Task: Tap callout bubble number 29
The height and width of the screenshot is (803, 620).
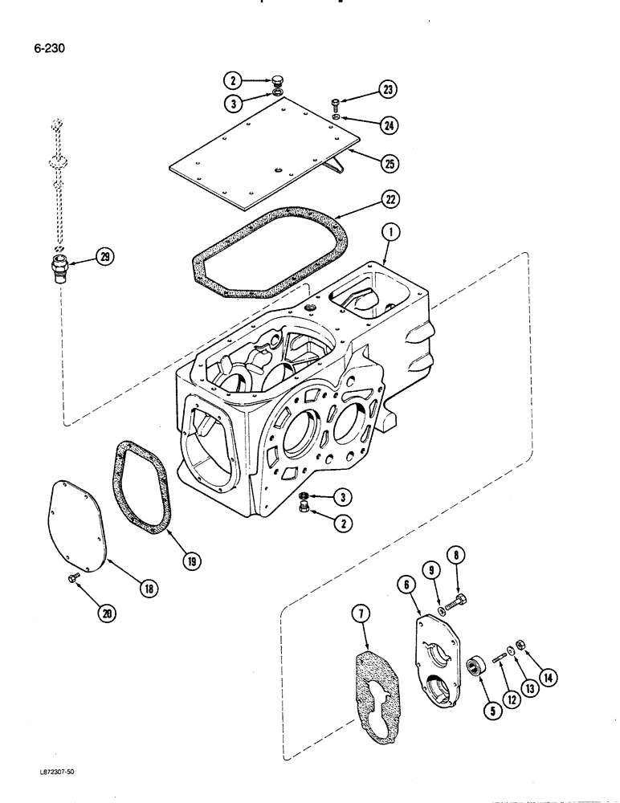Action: [104, 256]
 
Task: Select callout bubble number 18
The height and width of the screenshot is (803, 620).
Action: [148, 589]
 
